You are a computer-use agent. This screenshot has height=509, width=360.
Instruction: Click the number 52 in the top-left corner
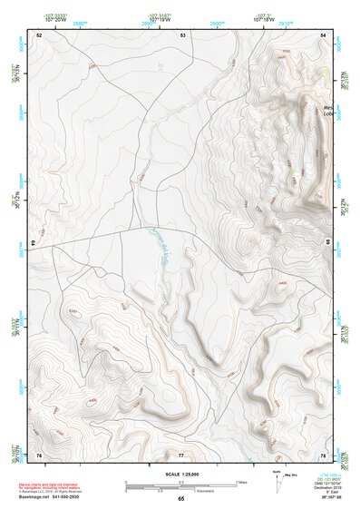pyautogui.click(x=39, y=34)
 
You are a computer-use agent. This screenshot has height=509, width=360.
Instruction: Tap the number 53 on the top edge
pyautogui.click(x=182, y=34)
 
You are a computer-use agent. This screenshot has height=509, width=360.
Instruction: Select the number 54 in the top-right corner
pyautogui.click(x=324, y=34)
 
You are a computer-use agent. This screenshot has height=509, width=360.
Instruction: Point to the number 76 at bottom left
pyautogui.click(x=39, y=454)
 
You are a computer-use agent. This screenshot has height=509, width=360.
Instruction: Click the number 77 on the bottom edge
pyautogui.click(x=181, y=454)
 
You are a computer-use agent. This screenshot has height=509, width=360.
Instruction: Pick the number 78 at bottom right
pyautogui.click(x=324, y=454)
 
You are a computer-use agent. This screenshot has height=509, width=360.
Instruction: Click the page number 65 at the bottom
pyautogui.click(x=181, y=498)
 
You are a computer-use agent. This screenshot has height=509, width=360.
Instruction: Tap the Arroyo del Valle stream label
pyautogui.click(x=155, y=243)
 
